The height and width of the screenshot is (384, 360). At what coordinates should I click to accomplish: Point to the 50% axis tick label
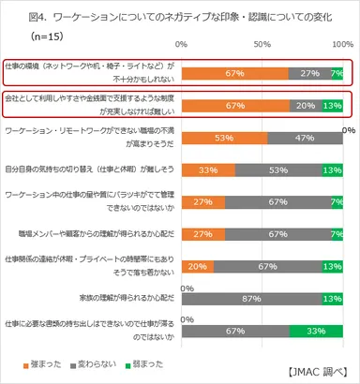click(263, 45)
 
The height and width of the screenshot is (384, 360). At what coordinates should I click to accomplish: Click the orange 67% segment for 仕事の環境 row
click(235, 73)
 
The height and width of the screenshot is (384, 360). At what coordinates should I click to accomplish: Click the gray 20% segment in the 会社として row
click(305, 106)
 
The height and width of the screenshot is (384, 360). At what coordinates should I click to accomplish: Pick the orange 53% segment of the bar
click(224, 138)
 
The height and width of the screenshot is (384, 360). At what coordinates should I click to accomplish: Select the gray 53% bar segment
click(277, 170)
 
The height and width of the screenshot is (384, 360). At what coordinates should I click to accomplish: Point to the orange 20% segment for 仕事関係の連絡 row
click(198, 266)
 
